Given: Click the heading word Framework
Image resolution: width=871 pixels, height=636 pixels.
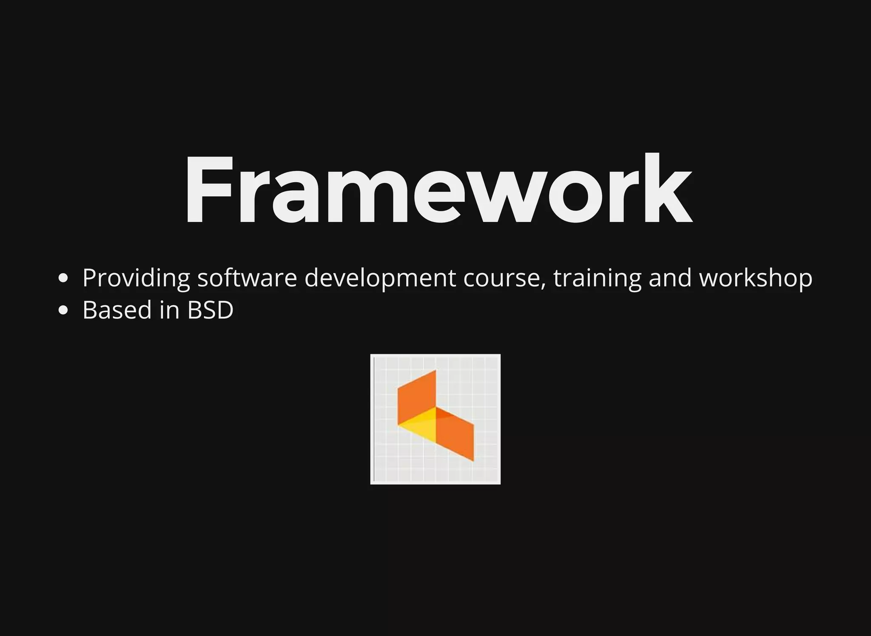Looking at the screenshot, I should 438,189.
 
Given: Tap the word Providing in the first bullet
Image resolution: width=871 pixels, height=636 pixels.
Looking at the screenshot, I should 136,278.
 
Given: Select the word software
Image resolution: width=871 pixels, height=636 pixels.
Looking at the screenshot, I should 247,278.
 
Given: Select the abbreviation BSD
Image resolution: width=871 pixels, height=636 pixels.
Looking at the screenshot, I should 211,310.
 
